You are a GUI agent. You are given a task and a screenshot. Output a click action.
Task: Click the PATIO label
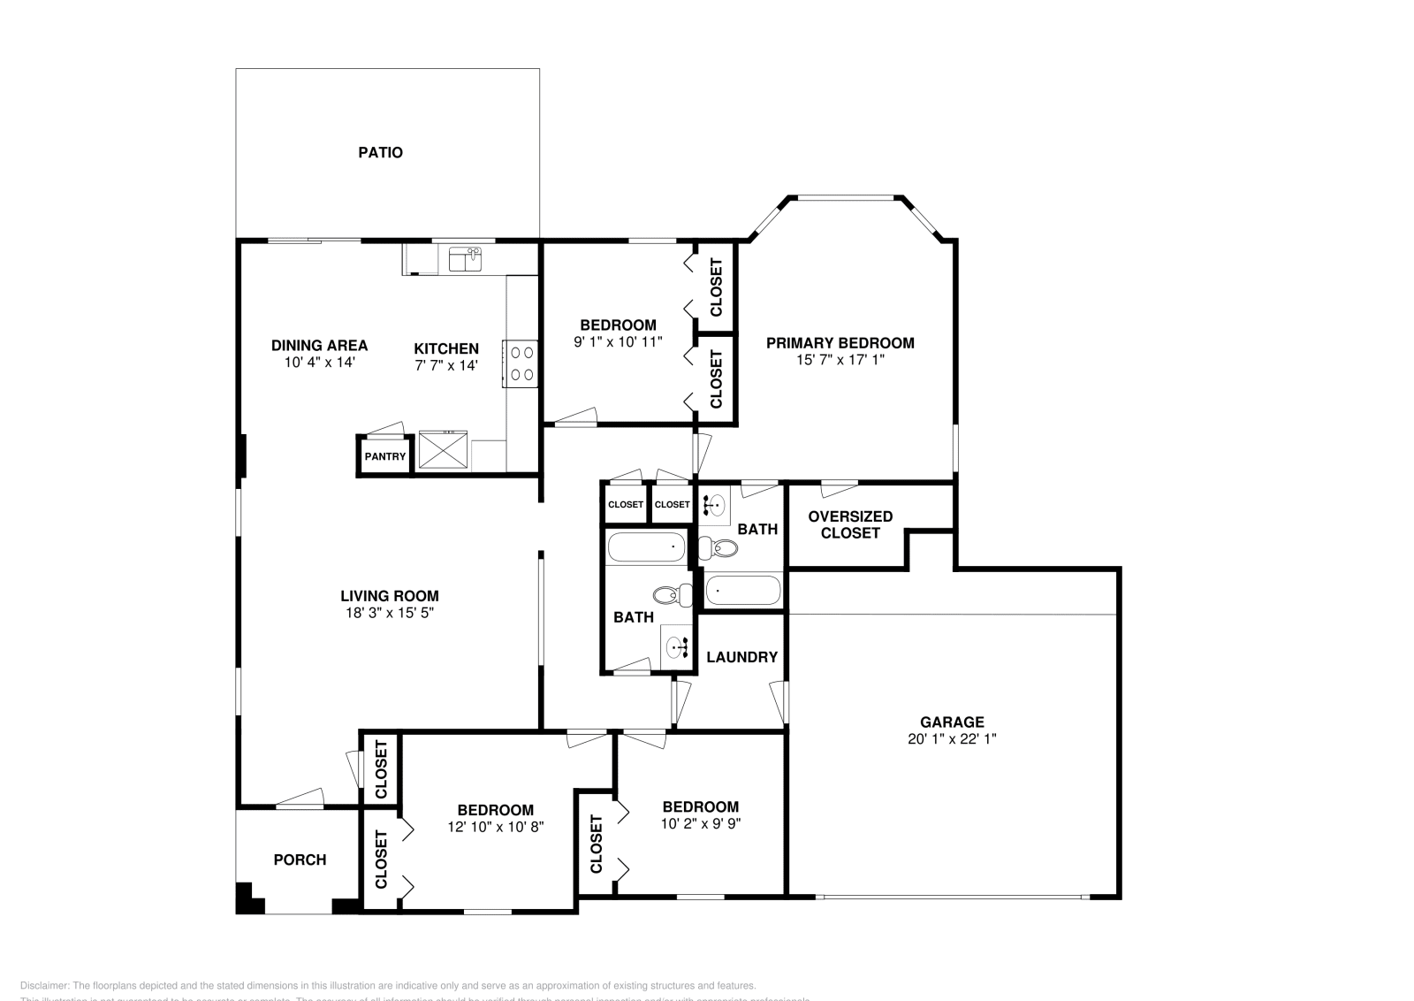(x=380, y=152)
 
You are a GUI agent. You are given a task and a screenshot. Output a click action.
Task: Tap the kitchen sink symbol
(x=465, y=259)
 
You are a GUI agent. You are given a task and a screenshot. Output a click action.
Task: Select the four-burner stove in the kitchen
(x=521, y=363)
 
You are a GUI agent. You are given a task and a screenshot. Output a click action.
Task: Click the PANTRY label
(x=385, y=457)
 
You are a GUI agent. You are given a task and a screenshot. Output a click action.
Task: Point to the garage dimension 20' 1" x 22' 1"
(x=952, y=739)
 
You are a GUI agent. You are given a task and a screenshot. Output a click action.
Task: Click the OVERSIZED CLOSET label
(x=850, y=524)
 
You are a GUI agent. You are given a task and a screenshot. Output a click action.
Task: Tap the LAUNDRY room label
(x=741, y=657)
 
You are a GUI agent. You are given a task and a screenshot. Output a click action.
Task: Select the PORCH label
(x=300, y=860)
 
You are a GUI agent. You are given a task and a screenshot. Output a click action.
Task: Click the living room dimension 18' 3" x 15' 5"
(x=390, y=613)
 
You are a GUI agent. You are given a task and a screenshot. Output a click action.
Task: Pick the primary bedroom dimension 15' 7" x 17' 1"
(x=840, y=360)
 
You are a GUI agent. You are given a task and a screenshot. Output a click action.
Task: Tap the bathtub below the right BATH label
(x=743, y=590)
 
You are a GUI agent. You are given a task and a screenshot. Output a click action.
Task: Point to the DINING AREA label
(x=319, y=346)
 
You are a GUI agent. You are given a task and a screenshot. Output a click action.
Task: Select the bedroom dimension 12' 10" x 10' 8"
(x=495, y=827)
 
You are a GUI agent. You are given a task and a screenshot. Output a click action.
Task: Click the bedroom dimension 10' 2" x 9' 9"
(x=700, y=823)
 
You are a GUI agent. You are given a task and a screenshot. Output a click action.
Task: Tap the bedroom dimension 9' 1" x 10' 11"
(x=618, y=341)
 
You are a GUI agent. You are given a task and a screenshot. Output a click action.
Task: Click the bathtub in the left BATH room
(x=647, y=548)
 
